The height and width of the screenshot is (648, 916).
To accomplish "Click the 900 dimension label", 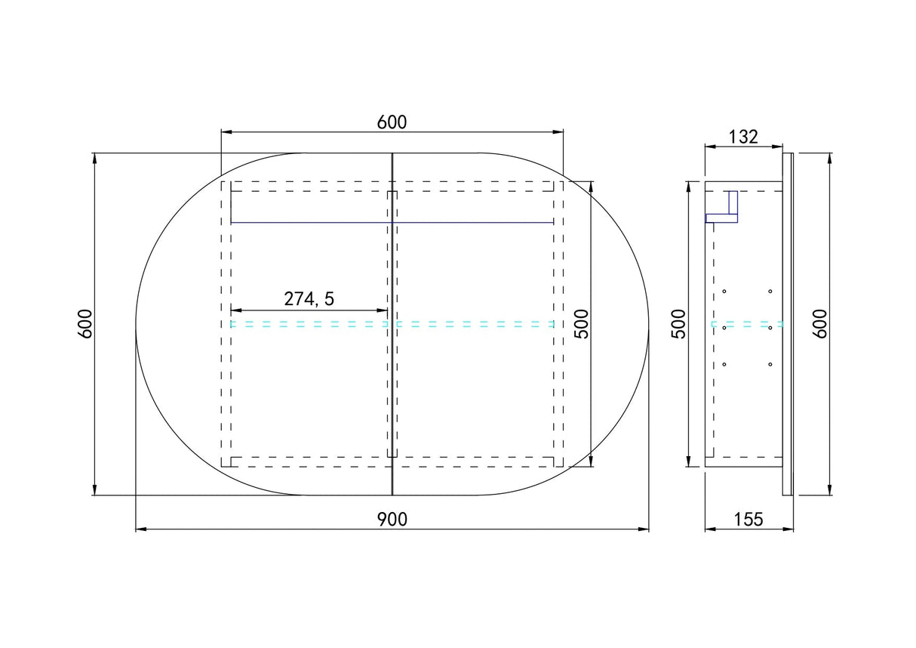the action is (x=392, y=520).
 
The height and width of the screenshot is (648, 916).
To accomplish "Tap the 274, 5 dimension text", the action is (x=309, y=299).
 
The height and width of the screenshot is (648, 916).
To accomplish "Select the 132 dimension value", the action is (x=743, y=137).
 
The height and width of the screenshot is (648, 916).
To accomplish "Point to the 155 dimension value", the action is (x=748, y=520).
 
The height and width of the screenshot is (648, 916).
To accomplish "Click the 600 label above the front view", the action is (x=392, y=122).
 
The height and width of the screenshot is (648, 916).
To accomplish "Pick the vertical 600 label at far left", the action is (x=85, y=324).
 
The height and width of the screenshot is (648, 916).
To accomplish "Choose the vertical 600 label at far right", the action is (x=819, y=324).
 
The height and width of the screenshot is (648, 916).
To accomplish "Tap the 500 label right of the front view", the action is (x=581, y=324).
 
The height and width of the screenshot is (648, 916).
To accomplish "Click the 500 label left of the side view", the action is (x=678, y=324).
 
